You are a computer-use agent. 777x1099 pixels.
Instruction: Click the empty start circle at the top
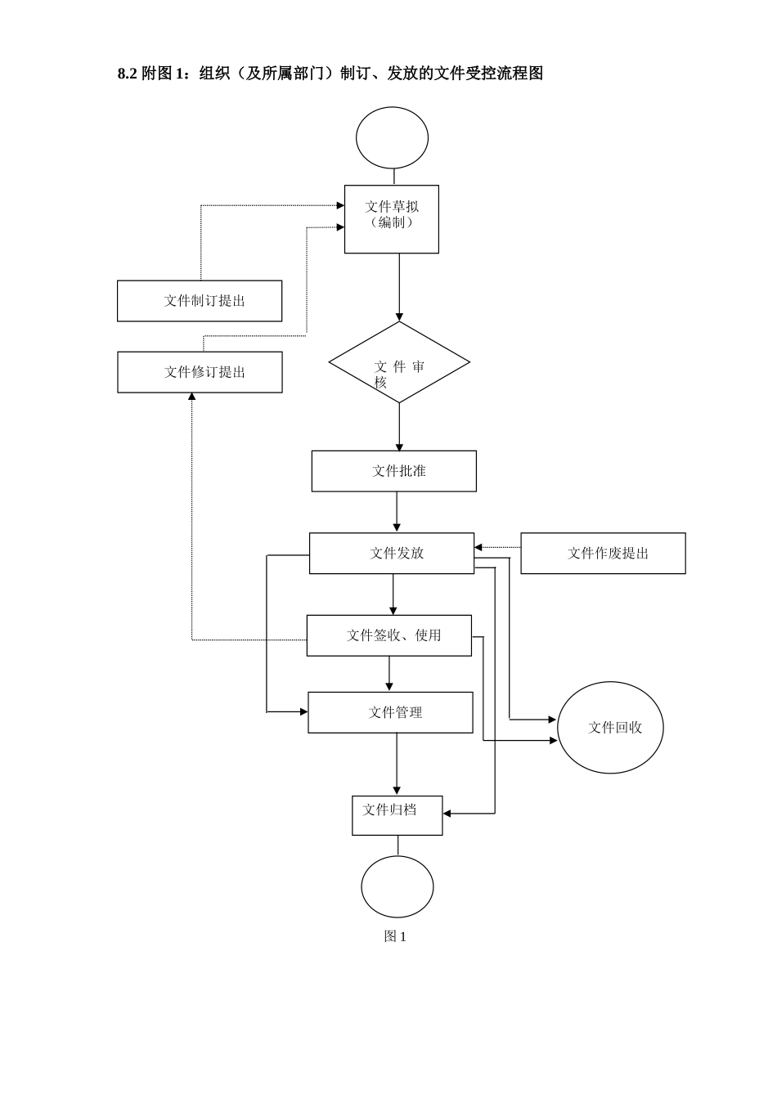click(392, 137)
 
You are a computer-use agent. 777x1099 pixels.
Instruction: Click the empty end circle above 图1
click(397, 886)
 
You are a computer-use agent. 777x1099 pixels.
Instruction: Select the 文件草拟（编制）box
click(391, 218)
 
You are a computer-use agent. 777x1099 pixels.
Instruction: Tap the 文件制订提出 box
click(200, 301)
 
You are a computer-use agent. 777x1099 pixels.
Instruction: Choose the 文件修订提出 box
click(200, 372)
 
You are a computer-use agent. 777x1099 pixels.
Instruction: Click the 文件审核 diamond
click(399, 362)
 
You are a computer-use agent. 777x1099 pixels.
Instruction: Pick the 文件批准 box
click(393, 471)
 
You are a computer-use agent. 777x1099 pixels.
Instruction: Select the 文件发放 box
click(391, 553)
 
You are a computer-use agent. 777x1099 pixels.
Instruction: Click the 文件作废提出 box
click(603, 553)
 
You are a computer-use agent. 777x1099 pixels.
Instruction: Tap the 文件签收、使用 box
click(388, 635)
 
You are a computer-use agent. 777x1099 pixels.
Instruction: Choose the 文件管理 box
click(390, 712)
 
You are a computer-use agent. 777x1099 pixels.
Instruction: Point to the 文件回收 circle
click(610, 727)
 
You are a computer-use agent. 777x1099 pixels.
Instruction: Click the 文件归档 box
click(397, 815)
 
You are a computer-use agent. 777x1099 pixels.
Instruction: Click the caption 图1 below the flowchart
click(395, 936)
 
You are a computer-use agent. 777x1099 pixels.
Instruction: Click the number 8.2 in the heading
click(127, 74)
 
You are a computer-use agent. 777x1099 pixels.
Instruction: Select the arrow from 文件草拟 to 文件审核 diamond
click(399, 286)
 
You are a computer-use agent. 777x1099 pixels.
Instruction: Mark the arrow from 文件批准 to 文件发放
click(397, 512)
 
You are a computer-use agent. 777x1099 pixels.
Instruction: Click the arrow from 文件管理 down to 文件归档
click(397, 764)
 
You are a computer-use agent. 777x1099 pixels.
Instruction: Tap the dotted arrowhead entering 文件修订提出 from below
click(192, 397)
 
